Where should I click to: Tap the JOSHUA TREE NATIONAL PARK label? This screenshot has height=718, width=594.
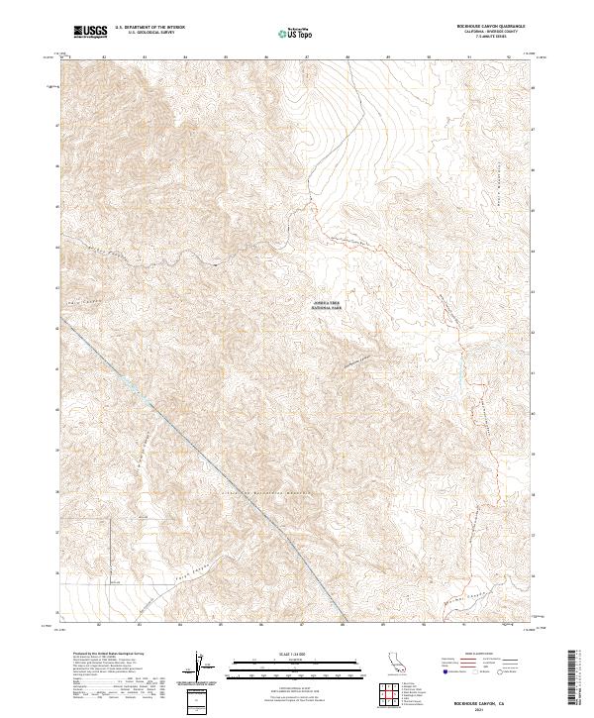point(327,306)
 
